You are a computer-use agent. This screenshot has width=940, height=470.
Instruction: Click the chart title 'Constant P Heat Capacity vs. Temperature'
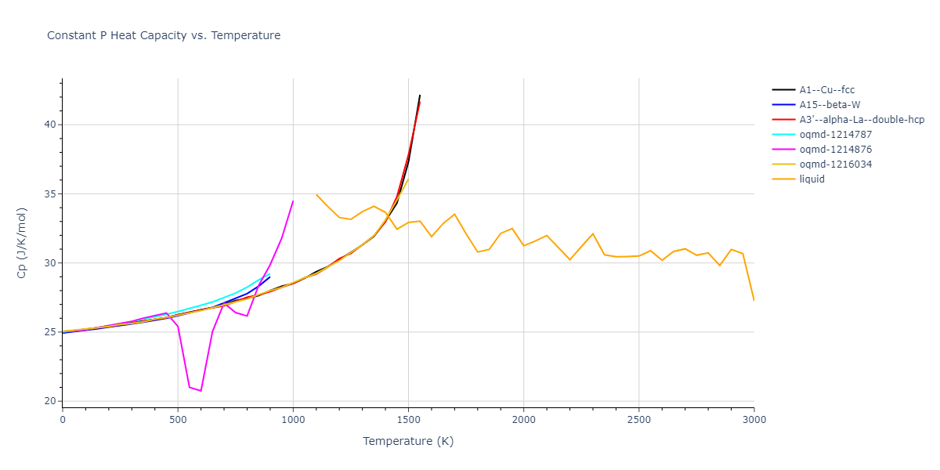point(164,35)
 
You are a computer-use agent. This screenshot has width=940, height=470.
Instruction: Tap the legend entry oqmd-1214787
point(834,135)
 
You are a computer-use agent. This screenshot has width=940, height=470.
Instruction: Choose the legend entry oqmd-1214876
point(834,150)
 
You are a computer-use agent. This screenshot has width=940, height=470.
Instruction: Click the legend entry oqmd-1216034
point(834,164)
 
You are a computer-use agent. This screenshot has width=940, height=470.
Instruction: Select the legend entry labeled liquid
point(812,179)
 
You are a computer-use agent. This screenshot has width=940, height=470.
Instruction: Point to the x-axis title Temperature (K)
point(408,442)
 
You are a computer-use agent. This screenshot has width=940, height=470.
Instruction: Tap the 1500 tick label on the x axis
point(408,419)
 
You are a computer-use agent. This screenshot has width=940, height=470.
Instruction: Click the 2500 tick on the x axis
point(638,419)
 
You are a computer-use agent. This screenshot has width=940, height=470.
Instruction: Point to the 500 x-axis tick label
point(178,419)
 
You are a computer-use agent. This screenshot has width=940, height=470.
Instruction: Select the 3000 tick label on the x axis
point(754,419)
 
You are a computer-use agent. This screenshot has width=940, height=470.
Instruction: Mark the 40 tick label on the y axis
point(49,125)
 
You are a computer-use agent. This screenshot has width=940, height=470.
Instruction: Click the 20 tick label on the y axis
point(49,401)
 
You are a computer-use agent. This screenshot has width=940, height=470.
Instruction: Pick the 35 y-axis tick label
point(49,193)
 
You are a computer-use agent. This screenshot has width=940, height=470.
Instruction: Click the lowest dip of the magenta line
point(201,391)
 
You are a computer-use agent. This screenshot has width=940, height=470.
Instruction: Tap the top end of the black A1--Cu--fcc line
point(420,95)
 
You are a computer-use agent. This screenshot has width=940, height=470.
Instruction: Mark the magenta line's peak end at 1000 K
point(293,201)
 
